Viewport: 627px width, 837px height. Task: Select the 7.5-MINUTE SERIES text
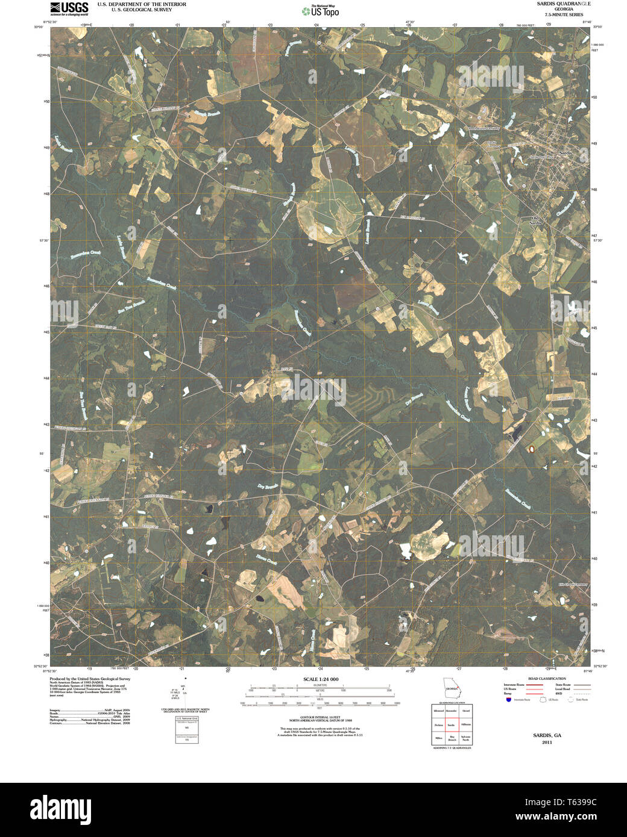(x=564, y=14)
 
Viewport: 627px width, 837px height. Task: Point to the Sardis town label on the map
(x=565, y=154)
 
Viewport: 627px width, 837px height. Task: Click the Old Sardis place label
(x=535, y=220)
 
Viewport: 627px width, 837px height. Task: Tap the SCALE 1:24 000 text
(x=321, y=679)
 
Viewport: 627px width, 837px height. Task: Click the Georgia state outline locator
(x=451, y=686)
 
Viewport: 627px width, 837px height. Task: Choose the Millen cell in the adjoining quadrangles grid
(x=438, y=738)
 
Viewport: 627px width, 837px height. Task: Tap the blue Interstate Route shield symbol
(x=508, y=700)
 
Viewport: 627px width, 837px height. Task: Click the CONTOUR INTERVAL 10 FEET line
(x=320, y=717)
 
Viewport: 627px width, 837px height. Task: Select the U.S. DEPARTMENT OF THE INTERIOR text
(x=142, y=4)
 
